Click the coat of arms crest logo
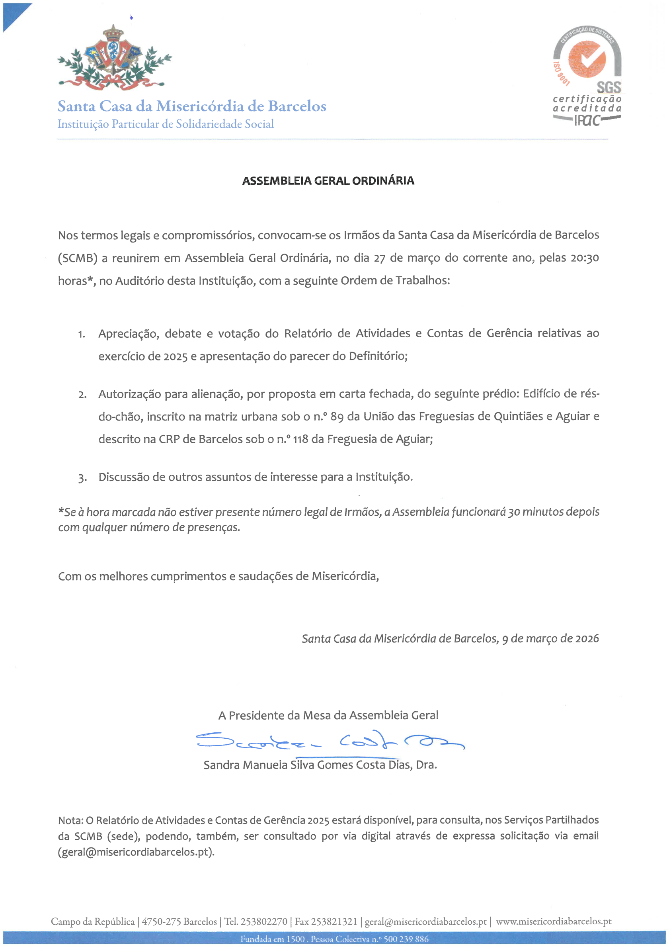[x=114, y=58]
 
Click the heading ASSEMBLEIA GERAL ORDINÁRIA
[x=328, y=181]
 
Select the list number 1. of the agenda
[x=82, y=334]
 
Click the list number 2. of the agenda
[x=82, y=395]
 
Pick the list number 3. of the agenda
[x=82, y=478]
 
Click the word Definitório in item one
[x=378, y=356]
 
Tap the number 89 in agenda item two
[x=337, y=417]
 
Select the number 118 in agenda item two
[x=300, y=439]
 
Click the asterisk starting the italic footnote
[x=60, y=512]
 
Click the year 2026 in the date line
[x=587, y=638]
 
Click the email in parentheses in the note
[x=136, y=852]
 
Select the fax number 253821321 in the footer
[x=334, y=922]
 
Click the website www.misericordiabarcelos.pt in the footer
[x=553, y=922]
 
